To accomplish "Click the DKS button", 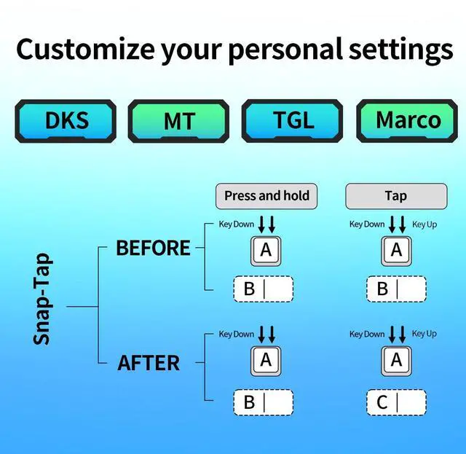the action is [x=66, y=120].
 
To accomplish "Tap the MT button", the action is [x=179, y=121].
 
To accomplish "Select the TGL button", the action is [x=293, y=120].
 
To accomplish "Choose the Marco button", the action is [x=408, y=120].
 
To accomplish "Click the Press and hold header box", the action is [x=266, y=195].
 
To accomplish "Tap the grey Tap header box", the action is [x=395, y=195].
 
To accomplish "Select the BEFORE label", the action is [x=153, y=248].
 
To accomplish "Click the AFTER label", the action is [x=149, y=362].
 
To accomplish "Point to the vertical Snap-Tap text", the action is [x=42, y=299].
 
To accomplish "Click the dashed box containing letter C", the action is [x=395, y=402].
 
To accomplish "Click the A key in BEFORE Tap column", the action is [x=396, y=251].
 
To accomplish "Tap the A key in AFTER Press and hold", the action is [x=266, y=360].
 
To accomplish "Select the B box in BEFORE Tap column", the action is [x=395, y=289].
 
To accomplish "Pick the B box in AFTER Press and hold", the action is [x=262, y=402].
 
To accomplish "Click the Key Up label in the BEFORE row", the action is [x=424, y=224].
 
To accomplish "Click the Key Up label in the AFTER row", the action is [x=424, y=334].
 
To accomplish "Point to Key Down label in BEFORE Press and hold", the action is [x=237, y=224].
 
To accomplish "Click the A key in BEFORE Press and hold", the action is [x=266, y=251].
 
